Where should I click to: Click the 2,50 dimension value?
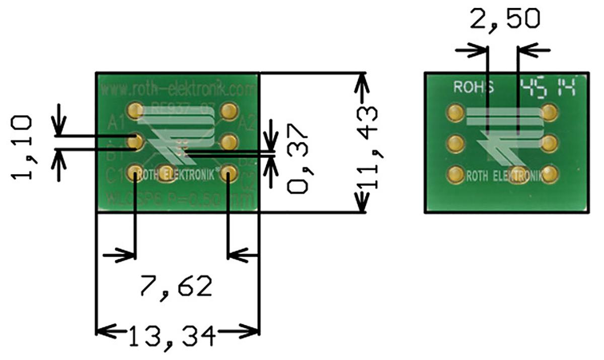pyautogui.click(x=504, y=19)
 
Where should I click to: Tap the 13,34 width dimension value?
pyautogui.click(x=171, y=336)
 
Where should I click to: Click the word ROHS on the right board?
pyautogui.click(x=474, y=87)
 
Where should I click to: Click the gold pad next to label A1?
pyautogui.click(x=135, y=110)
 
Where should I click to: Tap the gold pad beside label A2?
pyautogui.click(x=229, y=110)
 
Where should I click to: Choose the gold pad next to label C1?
pyautogui.click(x=135, y=174)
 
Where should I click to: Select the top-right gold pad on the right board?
pyautogui.click(x=550, y=111)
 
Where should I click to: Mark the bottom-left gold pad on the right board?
pyautogui.click(x=455, y=175)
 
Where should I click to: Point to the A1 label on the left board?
pyautogui.click(x=116, y=122)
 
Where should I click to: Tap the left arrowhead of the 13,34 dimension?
pyautogui.click(x=101, y=332)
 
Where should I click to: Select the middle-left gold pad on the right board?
pyautogui.click(x=455, y=143)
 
